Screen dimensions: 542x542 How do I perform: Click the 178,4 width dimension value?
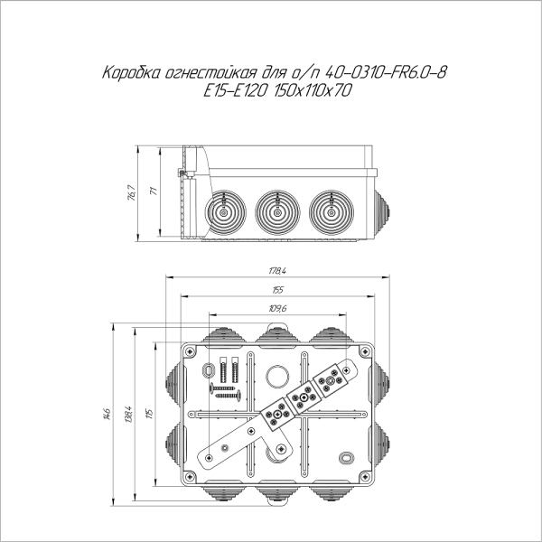click(x=277, y=271)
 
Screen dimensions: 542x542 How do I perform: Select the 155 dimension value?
click(x=277, y=290)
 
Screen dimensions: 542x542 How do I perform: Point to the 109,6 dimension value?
click(x=277, y=309)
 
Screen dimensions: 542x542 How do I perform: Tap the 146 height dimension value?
click(x=107, y=414)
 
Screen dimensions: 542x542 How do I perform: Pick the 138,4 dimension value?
click(x=128, y=414)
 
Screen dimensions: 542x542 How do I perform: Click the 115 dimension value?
click(x=149, y=414)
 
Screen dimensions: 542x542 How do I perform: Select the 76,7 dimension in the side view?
click(x=131, y=193)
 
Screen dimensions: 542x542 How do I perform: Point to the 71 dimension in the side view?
click(x=154, y=191)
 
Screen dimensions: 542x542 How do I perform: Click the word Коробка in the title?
click(x=131, y=73)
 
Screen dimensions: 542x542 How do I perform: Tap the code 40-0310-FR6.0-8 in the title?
click(x=387, y=72)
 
